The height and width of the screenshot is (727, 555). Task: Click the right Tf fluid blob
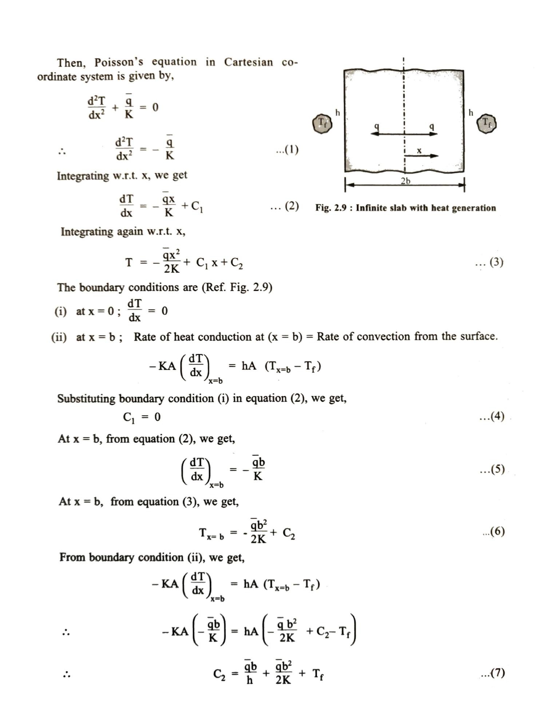point(487,124)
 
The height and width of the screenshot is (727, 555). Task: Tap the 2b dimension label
point(405,181)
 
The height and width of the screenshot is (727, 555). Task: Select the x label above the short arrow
point(419,150)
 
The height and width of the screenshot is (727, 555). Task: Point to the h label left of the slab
point(338,113)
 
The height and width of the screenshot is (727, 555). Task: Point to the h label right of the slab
point(471,113)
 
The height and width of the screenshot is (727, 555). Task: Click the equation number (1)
point(288,149)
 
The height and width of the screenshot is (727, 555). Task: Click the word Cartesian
point(248,62)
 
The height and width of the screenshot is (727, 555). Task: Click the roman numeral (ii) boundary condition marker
point(59,337)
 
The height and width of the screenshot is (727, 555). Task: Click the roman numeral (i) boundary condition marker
point(61,311)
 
